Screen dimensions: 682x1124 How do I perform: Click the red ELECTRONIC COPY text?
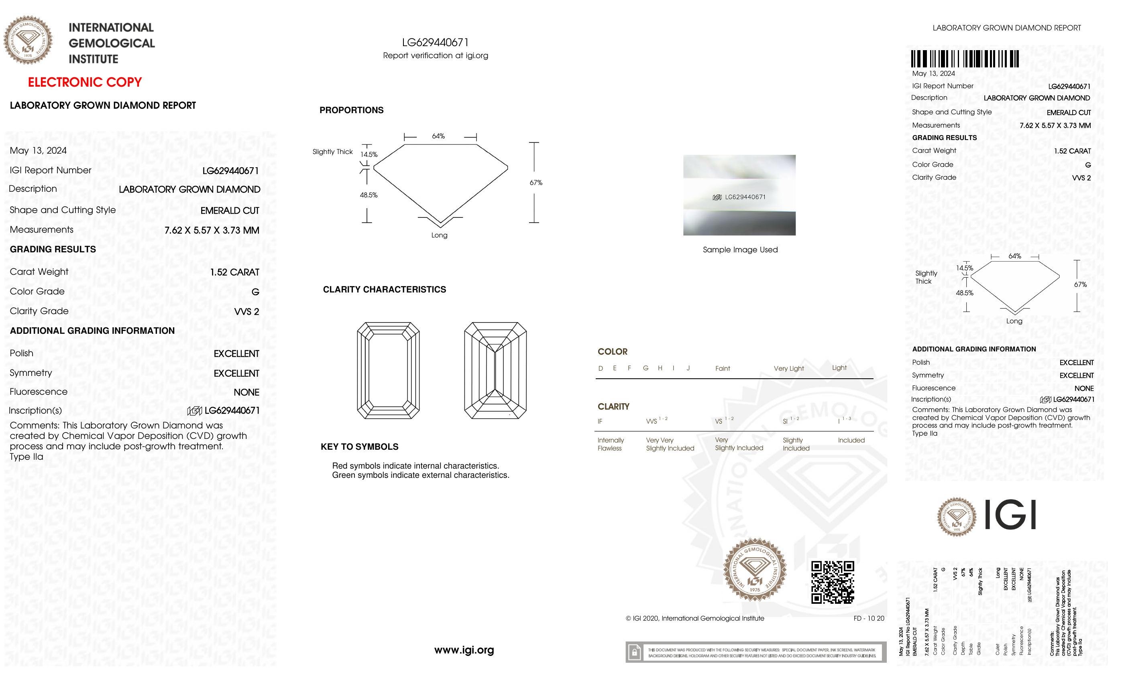(x=85, y=82)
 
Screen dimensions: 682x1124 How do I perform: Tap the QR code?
(x=832, y=582)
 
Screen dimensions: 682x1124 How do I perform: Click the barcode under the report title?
(x=965, y=59)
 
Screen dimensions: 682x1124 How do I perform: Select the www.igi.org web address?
(x=464, y=650)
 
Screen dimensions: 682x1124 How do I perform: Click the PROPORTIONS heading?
(x=351, y=110)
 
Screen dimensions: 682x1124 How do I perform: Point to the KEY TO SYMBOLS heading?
(x=359, y=447)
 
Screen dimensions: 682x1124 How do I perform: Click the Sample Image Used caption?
(x=740, y=250)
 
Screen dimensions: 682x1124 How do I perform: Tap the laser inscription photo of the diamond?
(x=739, y=195)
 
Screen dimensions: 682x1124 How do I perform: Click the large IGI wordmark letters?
(x=1010, y=515)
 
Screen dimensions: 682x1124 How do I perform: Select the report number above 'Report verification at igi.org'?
(x=435, y=43)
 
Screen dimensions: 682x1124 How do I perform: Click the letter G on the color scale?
(x=645, y=368)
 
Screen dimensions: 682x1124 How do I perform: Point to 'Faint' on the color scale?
(x=723, y=368)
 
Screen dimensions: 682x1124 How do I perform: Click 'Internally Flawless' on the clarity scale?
(x=610, y=444)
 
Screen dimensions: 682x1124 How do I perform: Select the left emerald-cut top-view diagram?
(x=388, y=371)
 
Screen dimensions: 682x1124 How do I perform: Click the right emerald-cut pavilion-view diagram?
(x=495, y=371)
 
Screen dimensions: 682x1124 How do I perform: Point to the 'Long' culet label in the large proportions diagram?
(x=439, y=235)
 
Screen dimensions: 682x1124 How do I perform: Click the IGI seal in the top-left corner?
(x=28, y=40)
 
